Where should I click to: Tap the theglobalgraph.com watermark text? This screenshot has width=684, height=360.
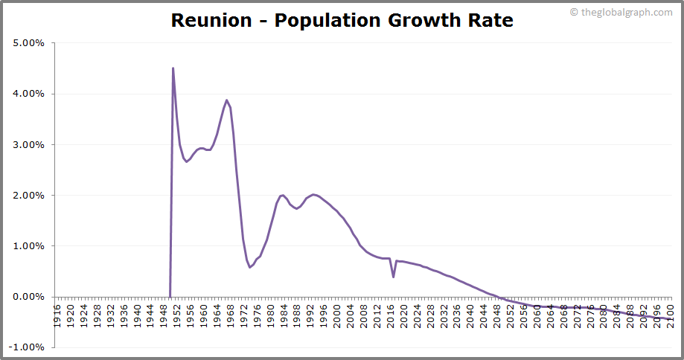[626, 12]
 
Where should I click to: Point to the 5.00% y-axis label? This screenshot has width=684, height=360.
[29, 43]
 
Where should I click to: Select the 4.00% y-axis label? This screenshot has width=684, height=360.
[29, 94]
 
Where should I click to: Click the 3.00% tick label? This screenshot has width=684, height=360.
[29, 144]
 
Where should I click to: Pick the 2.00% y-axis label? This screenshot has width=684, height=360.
[29, 195]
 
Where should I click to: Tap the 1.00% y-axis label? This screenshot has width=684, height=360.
[29, 245]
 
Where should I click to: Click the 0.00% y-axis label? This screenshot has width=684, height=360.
[29, 297]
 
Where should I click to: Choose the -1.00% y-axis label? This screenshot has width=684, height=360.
[28, 347]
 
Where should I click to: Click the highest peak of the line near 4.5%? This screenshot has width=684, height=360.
[173, 68]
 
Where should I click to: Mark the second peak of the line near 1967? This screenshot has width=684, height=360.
[227, 100]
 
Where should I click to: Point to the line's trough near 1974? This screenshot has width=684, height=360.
[250, 267]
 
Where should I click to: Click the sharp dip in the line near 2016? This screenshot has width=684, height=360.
[393, 277]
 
